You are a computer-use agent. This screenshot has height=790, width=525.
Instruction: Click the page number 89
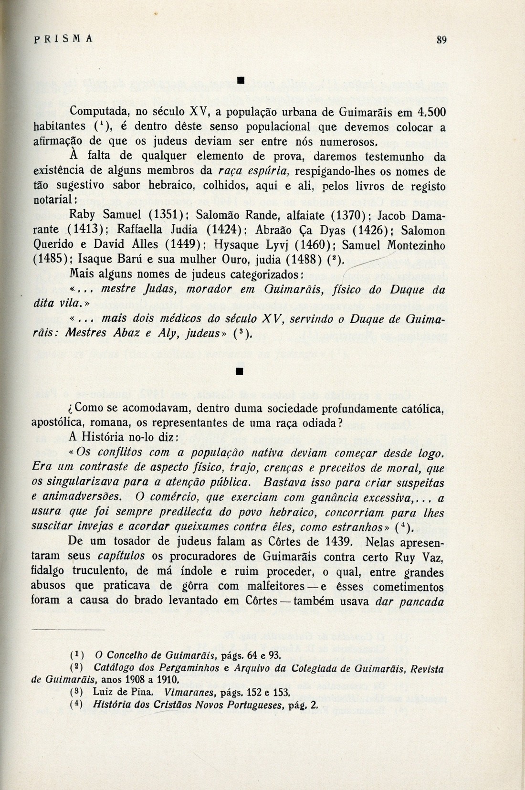(441, 40)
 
